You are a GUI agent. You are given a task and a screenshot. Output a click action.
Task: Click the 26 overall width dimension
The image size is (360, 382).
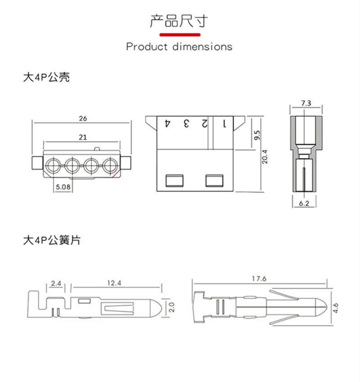83,118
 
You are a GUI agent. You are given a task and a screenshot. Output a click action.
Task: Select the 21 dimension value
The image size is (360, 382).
83,137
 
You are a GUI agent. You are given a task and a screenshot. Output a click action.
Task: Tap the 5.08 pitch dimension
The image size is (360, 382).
63,187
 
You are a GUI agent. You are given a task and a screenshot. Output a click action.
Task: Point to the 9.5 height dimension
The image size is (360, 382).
257,135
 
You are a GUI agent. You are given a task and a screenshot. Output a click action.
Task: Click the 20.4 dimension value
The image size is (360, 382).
265,157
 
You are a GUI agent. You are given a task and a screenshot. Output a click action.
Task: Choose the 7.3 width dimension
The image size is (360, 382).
306,103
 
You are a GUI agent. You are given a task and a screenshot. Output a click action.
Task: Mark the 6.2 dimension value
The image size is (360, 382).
304,204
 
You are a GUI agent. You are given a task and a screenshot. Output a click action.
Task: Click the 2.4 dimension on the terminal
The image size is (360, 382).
56,283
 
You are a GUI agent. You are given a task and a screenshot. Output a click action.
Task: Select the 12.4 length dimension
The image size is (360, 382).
114,283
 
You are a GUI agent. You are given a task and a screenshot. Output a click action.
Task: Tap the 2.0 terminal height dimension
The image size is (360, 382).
171,308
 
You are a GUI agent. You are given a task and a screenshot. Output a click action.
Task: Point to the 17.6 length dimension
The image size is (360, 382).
259,279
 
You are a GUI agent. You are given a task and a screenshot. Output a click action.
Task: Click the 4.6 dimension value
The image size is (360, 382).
336,308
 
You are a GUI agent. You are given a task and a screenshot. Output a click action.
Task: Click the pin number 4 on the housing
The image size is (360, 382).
167,123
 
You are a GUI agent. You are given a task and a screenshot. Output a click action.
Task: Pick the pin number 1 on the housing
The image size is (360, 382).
225,124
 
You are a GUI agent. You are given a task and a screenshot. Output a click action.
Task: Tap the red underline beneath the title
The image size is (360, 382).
180,35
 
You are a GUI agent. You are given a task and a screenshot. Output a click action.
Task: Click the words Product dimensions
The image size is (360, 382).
179,46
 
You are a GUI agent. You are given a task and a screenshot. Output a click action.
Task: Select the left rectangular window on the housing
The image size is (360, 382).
175,181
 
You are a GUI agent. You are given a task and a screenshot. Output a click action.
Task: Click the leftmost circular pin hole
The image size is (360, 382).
53,165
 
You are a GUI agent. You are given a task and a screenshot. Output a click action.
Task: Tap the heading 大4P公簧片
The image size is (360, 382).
52,240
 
